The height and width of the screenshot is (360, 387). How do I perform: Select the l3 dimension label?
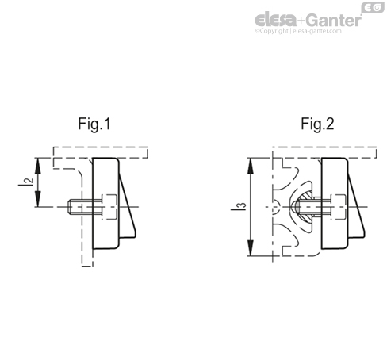[x=242, y=207]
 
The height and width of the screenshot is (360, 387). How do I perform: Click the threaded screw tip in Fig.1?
[x=75, y=209]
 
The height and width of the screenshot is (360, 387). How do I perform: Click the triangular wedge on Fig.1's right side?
[x=127, y=206]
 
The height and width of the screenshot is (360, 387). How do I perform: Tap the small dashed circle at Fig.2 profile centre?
[x=275, y=209]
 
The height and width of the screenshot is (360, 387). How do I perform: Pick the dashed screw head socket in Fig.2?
[x=336, y=208]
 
